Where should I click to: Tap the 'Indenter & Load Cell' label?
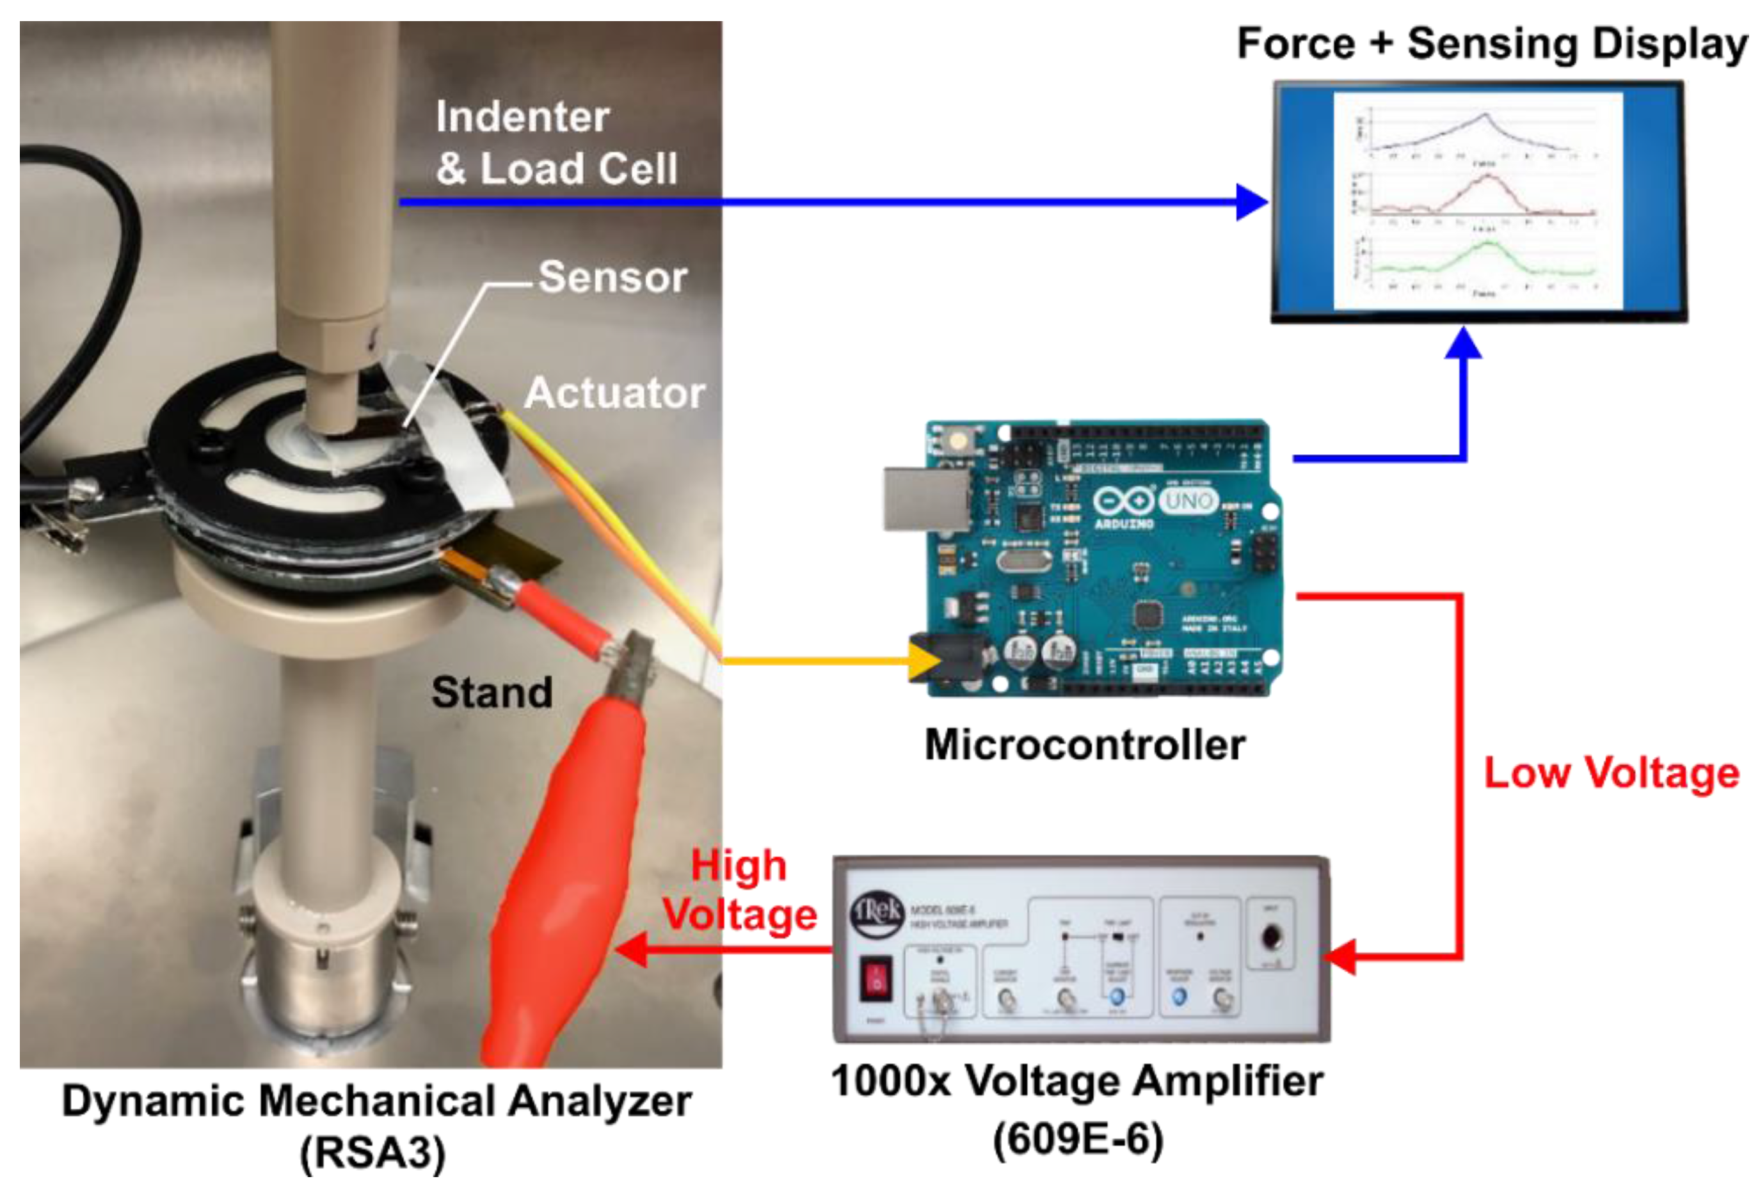(557, 143)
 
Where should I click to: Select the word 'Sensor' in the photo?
(612, 277)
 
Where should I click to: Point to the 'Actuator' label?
(614, 393)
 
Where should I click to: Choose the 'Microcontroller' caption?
(1085, 745)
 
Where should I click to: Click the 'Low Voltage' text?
(1611, 773)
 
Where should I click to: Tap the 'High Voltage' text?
(739, 890)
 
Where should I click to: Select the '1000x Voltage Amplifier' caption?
(1077, 1081)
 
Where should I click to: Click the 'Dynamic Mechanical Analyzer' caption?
(376, 1102)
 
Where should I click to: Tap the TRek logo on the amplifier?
(876, 912)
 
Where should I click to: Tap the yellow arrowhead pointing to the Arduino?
(925, 661)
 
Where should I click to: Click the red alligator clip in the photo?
(564, 865)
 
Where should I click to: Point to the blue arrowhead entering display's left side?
(1252, 202)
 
